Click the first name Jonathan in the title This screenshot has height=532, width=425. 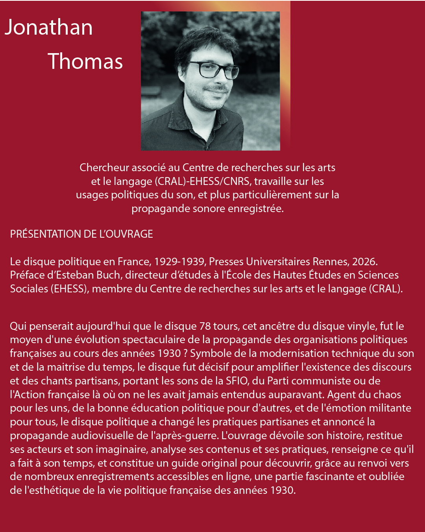(49, 28)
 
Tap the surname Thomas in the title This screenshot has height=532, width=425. (85, 62)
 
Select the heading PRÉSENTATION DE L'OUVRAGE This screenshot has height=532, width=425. (81, 234)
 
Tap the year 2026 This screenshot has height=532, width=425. (365, 262)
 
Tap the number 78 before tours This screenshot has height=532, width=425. (205, 326)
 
